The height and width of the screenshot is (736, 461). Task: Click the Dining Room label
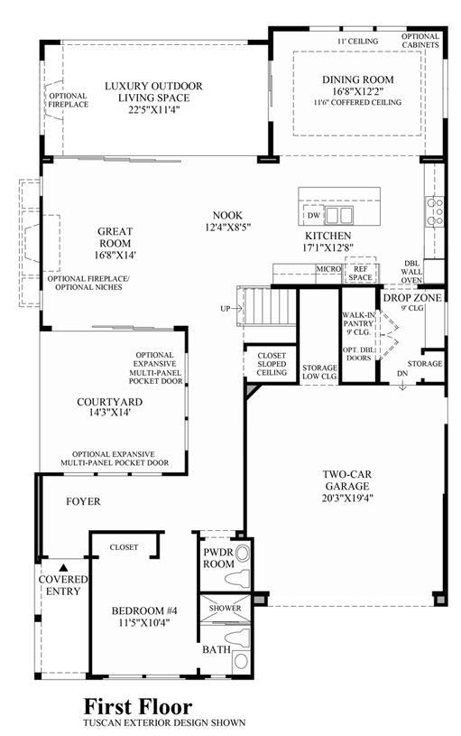pyautogui.click(x=357, y=79)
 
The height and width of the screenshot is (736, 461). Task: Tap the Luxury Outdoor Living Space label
pyautogui.click(x=153, y=92)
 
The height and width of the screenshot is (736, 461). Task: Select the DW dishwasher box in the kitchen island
pyautogui.click(x=314, y=216)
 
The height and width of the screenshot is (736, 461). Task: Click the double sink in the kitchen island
pyautogui.click(x=339, y=216)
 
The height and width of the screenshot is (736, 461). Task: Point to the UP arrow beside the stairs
pyautogui.click(x=236, y=308)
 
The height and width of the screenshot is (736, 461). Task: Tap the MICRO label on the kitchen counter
pyautogui.click(x=328, y=269)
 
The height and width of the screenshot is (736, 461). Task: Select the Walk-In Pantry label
pyautogui.click(x=358, y=323)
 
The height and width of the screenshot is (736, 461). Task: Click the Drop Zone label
pyautogui.click(x=412, y=298)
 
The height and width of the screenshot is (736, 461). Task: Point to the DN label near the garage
pyautogui.click(x=402, y=374)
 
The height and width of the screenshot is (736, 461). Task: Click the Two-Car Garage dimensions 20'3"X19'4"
pyautogui.click(x=347, y=498)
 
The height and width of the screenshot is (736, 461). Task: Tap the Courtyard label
pyautogui.click(x=110, y=402)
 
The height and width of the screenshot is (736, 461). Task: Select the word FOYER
pyautogui.click(x=83, y=501)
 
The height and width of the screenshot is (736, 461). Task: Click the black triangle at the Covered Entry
pyautogui.click(x=63, y=567)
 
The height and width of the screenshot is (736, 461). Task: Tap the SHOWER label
pyautogui.click(x=226, y=608)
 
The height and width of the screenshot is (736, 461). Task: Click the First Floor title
pyautogui.click(x=138, y=706)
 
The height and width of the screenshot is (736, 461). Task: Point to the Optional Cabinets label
pyautogui.click(x=420, y=41)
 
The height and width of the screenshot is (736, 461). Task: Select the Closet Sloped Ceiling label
pyautogui.click(x=272, y=364)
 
